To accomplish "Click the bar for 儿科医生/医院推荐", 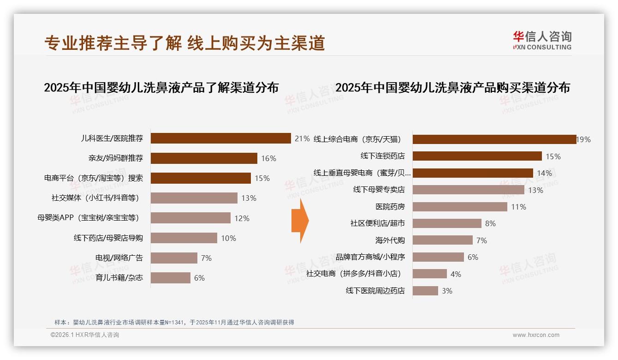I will (220, 138).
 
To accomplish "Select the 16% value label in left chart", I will (268, 158).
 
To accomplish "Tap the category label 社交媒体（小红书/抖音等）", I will (95, 198).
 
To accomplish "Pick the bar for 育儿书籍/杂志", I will (170, 278).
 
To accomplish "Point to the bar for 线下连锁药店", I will (477, 156).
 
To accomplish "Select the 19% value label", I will (583, 139).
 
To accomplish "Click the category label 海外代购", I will (390, 240).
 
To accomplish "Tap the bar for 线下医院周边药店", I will (425, 291).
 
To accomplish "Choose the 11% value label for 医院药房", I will (518, 207).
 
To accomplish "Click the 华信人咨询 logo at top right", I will (542, 40).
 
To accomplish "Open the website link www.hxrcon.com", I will (535, 335).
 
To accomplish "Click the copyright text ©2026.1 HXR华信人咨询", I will (84, 335).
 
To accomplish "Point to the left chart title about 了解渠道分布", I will (161, 87).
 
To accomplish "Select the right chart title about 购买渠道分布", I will (452, 87).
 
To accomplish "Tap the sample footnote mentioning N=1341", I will (174, 322).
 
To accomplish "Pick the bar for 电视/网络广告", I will (174, 258).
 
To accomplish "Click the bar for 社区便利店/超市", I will (447, 223).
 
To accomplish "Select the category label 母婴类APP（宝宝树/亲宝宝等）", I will (88, 218).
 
